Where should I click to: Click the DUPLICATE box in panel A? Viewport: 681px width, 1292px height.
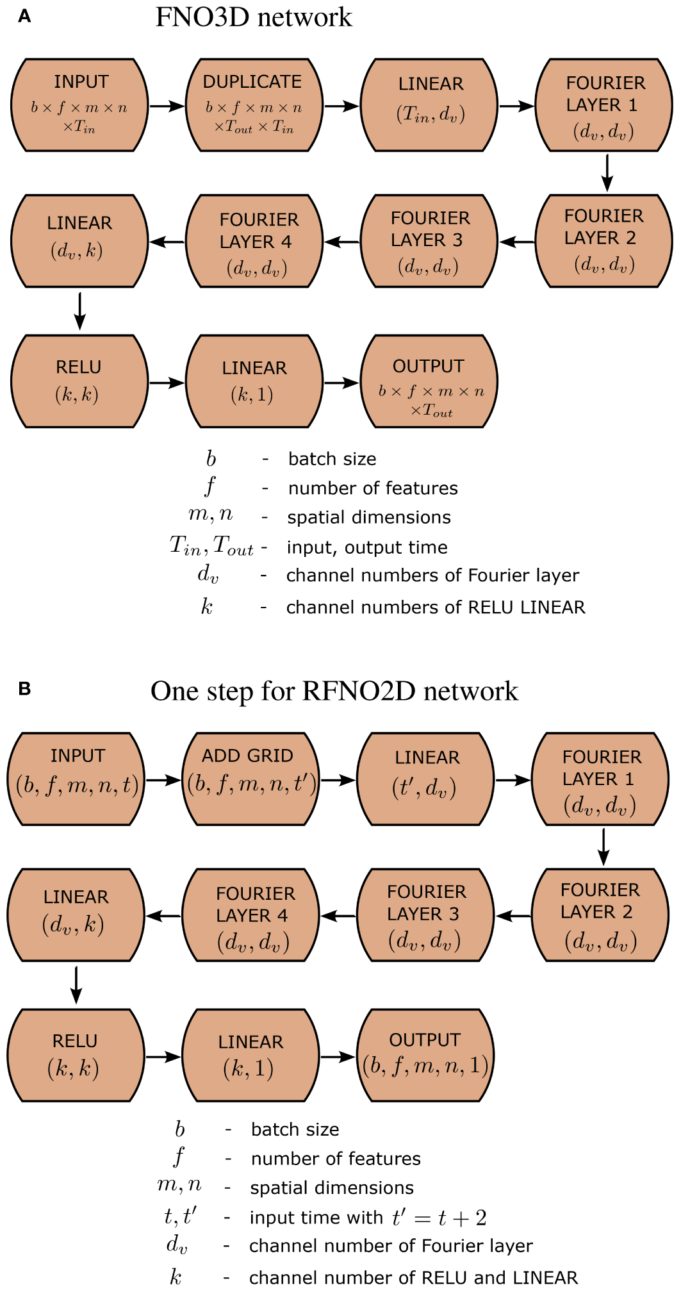(254, 105)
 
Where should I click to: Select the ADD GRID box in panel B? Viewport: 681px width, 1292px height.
(250, 779)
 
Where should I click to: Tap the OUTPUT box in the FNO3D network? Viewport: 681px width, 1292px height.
(429, 381)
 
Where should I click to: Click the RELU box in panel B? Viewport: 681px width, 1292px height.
(76, 1055)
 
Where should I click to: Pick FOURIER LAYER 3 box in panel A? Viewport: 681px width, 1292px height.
(429, 241)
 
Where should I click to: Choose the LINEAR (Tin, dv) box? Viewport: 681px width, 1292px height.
(429, 105)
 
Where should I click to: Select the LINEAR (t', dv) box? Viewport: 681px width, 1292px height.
(425, 779)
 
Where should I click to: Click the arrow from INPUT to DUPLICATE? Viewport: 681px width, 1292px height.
(167, 106)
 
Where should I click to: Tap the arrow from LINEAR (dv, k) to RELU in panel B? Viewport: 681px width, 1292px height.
(76, 984)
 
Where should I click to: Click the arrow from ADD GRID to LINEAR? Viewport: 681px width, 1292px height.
(338, 780)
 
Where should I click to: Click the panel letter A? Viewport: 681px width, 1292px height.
(24, 17)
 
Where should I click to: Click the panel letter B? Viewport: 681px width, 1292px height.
(24, 689)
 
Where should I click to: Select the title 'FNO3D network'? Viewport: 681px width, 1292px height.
(254, 17)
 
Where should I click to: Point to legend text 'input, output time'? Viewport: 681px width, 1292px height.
(367, 547)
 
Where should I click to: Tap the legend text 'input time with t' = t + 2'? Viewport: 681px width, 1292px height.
(368, 1218)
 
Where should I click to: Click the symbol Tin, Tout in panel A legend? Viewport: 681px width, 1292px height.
(211, 546)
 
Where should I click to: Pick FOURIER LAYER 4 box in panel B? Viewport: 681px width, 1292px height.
(250, 915)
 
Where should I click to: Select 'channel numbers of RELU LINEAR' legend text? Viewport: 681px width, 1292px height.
(436, 607)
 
